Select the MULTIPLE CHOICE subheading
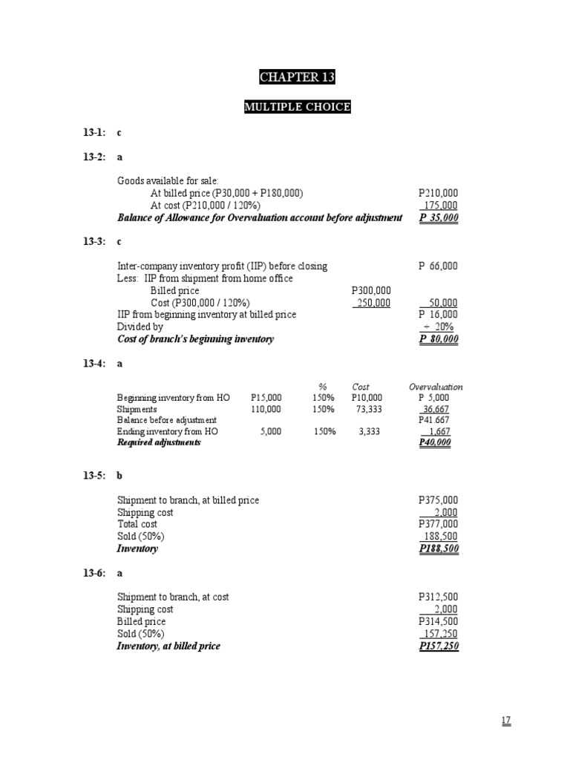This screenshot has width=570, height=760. (x=297, y=108)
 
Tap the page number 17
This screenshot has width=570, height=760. (x=506, y=721)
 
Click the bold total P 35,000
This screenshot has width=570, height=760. (x=439, y=218)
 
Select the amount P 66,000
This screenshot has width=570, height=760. (x=439, y=266)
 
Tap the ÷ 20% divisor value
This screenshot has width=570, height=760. (x=443, y=327)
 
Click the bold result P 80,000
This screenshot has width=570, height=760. (x=439, y=339)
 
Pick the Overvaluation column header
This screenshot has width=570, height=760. (x=436, y=387)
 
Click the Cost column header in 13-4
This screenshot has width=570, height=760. (x=361, y=387)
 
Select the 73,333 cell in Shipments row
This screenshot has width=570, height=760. (x=363, y=409)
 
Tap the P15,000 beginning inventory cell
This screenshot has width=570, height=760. (x=266, y=398)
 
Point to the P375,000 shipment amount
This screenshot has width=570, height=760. (x=439, y=501)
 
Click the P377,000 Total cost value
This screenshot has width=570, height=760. (x=439, y=525)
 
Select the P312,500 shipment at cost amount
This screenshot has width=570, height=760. (x=439, y=597)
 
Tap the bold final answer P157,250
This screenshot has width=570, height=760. (x=439, y=646)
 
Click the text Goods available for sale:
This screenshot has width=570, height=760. (x=163, y=181)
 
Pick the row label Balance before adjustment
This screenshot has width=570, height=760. (x=167, y=420)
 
